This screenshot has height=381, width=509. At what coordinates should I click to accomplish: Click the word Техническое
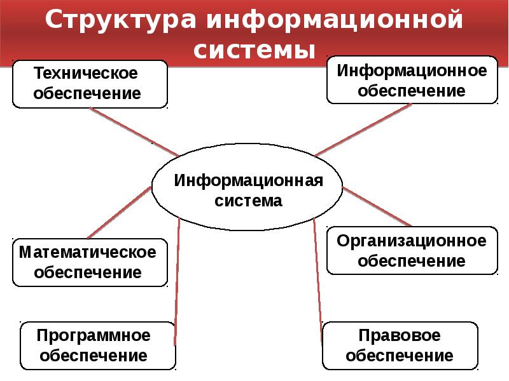(x=86, y=73)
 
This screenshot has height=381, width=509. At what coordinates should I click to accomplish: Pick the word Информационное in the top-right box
(x=412, y=71)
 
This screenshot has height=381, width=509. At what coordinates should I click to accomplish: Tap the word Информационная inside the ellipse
(x=249, y=180)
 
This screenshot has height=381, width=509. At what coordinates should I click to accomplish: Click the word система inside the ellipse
(x=248, y=201)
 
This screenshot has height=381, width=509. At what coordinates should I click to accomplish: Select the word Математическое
(x=88, y=252)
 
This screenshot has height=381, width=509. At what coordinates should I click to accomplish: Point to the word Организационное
(x=412, y=241)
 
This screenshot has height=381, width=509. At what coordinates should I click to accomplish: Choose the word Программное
(x=94, y=336)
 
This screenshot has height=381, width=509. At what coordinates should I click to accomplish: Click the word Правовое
(x=400, y=336)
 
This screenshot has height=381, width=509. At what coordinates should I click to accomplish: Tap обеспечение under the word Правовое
(x=400, y=356)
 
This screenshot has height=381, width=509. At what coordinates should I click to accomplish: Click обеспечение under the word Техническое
(x=87, y=93)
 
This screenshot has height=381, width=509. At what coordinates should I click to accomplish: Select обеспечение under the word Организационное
(x=412, y=261)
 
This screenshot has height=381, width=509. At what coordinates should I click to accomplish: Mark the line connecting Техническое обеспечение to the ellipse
(x=134, y=132)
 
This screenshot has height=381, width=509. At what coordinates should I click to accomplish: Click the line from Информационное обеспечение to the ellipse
(x=363, y=130)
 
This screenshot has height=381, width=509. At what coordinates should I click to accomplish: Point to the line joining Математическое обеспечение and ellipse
(x=120, y=213)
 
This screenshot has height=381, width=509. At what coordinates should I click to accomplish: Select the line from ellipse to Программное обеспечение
(x=177, y=281)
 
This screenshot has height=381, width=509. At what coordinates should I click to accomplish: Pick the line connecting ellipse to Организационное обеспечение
(x=377, y=207)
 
